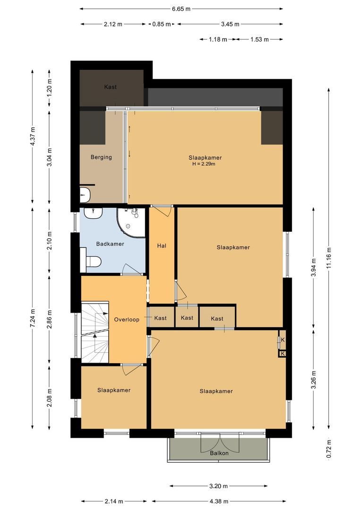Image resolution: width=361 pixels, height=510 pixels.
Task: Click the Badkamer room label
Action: pyautogui.click(x=110, y=244)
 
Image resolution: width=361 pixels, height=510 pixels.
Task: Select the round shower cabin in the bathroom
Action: pyautogui.click(x=131, y=222)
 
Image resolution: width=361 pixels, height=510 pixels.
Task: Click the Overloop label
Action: pyautogui.click(x=127, y=319)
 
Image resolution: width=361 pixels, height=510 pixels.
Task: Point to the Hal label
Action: pyautogui.click(x=162, y=246)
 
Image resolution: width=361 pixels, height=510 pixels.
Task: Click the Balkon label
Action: pyautogui.click(x=219, y=453)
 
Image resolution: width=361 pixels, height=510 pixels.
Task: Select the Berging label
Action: pyautogui.click(x=101, y=157)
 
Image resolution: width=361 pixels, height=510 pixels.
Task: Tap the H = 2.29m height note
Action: pyautogui.click(x=204, y=164)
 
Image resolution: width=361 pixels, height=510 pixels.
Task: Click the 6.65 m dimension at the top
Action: pyautogui.click(x=181, y=9)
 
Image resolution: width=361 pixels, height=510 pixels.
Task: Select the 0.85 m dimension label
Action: pyautogui.click(x=162, y=24)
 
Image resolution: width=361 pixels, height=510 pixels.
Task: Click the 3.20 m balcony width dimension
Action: pyautogui.click(x=218, y=486)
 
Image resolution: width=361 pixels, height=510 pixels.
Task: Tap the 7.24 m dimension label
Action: pyautogui.click(x=32, y=318)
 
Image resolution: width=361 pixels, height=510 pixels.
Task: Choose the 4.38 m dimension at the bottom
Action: pyautogui.click(x=219, y=501)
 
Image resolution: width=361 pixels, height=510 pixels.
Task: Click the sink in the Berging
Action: pyautogui.click(x=85, y=194)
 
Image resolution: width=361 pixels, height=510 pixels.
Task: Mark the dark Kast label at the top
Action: pyautogui.click(x=111, y=87)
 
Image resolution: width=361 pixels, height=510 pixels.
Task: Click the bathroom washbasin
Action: pyautogui.click(x=94, y=213)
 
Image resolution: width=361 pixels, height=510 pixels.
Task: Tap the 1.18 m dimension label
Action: pyautogui.click(x=218, y=39)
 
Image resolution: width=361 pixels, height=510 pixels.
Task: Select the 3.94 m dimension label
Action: pyautogui.click(x=314, y=267)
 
